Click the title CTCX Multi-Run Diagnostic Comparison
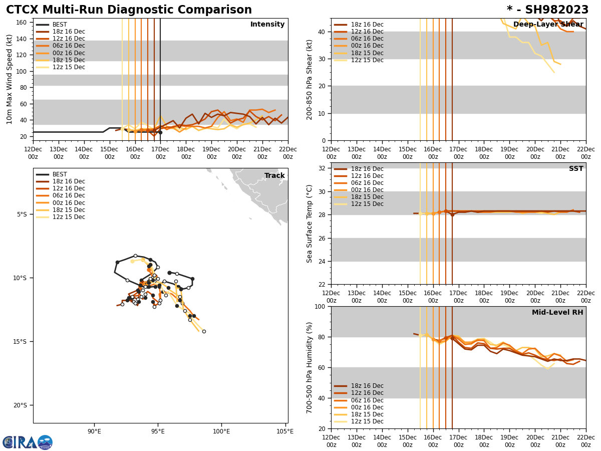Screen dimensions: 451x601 tap(129, 10)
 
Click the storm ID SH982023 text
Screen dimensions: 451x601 tap(547, 10)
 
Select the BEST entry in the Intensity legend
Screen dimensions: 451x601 tap(59, 25)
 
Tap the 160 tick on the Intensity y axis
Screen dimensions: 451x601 tap(22, 23)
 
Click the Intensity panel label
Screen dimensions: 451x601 tap(267, 25)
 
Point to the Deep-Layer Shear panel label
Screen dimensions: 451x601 tap(548, 25)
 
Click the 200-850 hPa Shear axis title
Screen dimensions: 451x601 tap(310, 79)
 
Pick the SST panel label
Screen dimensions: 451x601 tap(576, 169)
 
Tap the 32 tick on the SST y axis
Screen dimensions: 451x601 tap(322, 168)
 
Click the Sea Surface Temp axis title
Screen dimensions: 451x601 tap(310, 223)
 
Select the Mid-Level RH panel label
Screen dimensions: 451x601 tap(557, 313)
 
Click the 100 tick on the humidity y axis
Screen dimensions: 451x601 tap(320, 306)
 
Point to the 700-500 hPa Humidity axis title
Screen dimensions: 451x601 tap(310, 367)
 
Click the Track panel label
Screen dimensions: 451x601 tap(274, 176)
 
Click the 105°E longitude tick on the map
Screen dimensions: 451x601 tap(285, 431)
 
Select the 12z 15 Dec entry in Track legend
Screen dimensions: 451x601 tap(68, 217)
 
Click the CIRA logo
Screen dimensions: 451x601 tap(28, 442)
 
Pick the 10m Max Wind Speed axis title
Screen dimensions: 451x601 tap(10, 79)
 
